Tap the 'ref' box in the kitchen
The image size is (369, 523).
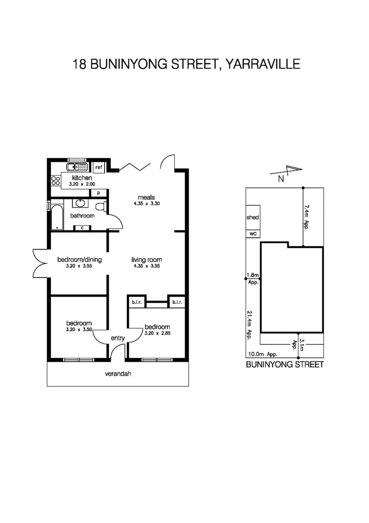pos(99,168)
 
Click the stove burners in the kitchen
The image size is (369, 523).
pos(56,181)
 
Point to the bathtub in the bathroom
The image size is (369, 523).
pos(56,216)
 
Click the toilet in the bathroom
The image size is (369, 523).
pos(102,206)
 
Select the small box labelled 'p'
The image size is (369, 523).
pos(99,193)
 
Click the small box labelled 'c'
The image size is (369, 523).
pos(82,228)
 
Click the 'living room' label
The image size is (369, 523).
pos(146,260)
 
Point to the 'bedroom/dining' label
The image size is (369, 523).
pos(79,260)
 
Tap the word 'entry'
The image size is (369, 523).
pos(118,338)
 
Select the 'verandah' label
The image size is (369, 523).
pos(118,374)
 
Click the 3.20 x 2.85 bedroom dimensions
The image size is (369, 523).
pos(157,333)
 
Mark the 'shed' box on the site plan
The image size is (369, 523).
pos(253,217)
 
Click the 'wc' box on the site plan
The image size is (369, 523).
pos(253,234)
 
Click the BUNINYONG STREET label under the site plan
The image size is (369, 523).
pos(284,365)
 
